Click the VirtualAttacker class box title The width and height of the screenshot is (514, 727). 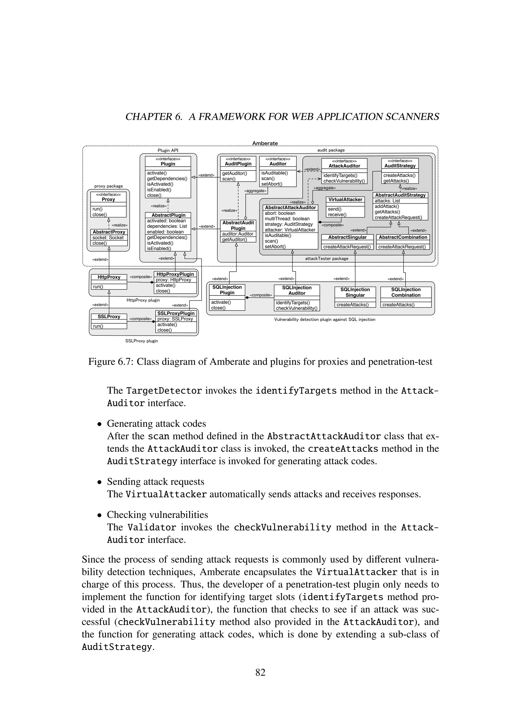pos(345,200)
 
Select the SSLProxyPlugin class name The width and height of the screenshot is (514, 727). pos(176,313)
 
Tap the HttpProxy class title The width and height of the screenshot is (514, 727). pos(109,277)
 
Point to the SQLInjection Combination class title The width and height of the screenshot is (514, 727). pos(406,292)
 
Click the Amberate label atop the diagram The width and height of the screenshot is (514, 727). pos(265,143)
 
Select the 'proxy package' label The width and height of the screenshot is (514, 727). pos(109,186)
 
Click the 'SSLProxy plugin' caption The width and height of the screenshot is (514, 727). pos(142,341)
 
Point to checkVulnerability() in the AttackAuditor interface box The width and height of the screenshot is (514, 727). pos(344,181)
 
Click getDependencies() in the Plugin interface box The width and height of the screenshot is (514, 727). pos(167,178)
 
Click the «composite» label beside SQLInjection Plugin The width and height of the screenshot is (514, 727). pos(261,295)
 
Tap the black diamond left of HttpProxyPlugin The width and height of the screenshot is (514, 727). pos(152,282)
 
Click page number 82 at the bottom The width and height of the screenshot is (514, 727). pos(260,671)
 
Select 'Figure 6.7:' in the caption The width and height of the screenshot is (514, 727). pos(110,361)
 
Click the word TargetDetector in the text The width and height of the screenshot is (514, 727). pos(164,391)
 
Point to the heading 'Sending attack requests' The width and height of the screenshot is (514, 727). pos(155,481)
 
